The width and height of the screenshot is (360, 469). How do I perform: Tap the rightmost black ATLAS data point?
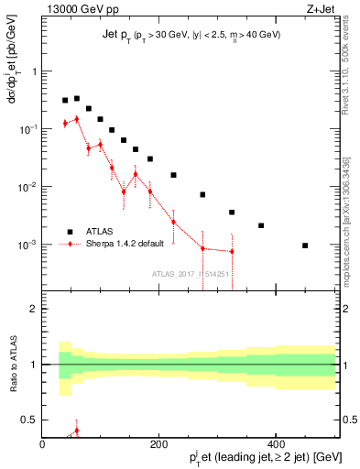(x=305, y=245)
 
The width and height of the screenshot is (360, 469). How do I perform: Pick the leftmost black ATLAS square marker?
(x=65, y=101)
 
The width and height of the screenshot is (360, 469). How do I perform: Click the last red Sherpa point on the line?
(x=232, y=252)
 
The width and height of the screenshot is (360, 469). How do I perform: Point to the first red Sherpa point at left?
(x=65, y=123)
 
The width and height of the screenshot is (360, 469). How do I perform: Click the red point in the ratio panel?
(x=77, y=430)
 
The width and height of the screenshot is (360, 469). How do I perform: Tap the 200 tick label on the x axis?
(x=158, y=446)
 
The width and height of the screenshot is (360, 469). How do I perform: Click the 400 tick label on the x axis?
(x=276, y=446)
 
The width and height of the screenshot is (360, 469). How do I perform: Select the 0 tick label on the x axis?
(x=42, y=446)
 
